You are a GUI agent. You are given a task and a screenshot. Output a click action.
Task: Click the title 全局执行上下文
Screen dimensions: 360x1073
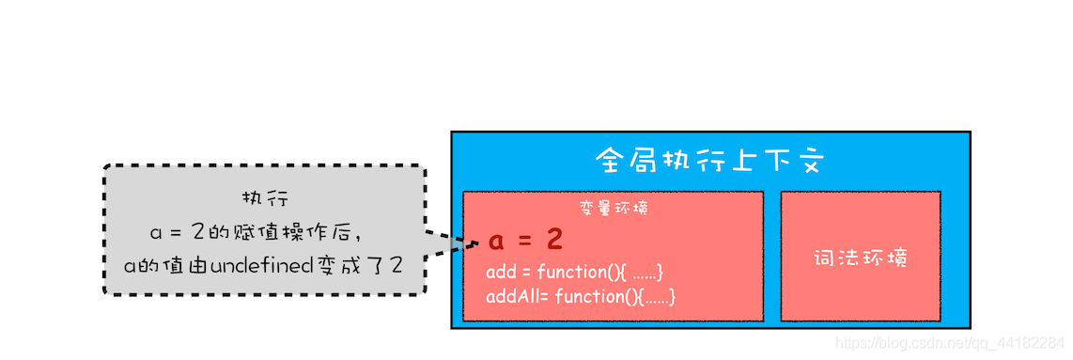tap(709, 160)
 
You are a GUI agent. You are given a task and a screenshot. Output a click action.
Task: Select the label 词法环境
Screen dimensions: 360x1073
tap(860, 258)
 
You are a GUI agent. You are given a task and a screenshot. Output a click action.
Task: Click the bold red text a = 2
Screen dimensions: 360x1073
tap(525, 241)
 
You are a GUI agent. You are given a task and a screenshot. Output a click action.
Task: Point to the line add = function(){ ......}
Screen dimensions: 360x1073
tap(575, 273)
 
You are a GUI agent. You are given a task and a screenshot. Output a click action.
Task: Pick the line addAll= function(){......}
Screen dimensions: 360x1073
tap(581, 297)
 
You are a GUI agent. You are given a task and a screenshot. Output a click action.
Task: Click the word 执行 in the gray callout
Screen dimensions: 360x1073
tap(265, 200)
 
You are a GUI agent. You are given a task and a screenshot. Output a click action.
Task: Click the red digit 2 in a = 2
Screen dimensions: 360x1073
tap(554, 241)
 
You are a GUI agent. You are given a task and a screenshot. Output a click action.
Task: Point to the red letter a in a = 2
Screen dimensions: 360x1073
tap(496, 242)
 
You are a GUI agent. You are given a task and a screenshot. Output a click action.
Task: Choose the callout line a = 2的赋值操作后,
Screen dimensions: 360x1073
tap(256, 232)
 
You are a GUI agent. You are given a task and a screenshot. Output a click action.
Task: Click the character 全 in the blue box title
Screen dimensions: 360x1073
tap(610, 160)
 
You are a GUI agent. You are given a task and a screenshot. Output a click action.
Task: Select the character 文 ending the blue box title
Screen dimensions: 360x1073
tap(809, 160)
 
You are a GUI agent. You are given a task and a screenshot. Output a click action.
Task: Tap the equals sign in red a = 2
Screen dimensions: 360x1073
tap(525, 242)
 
